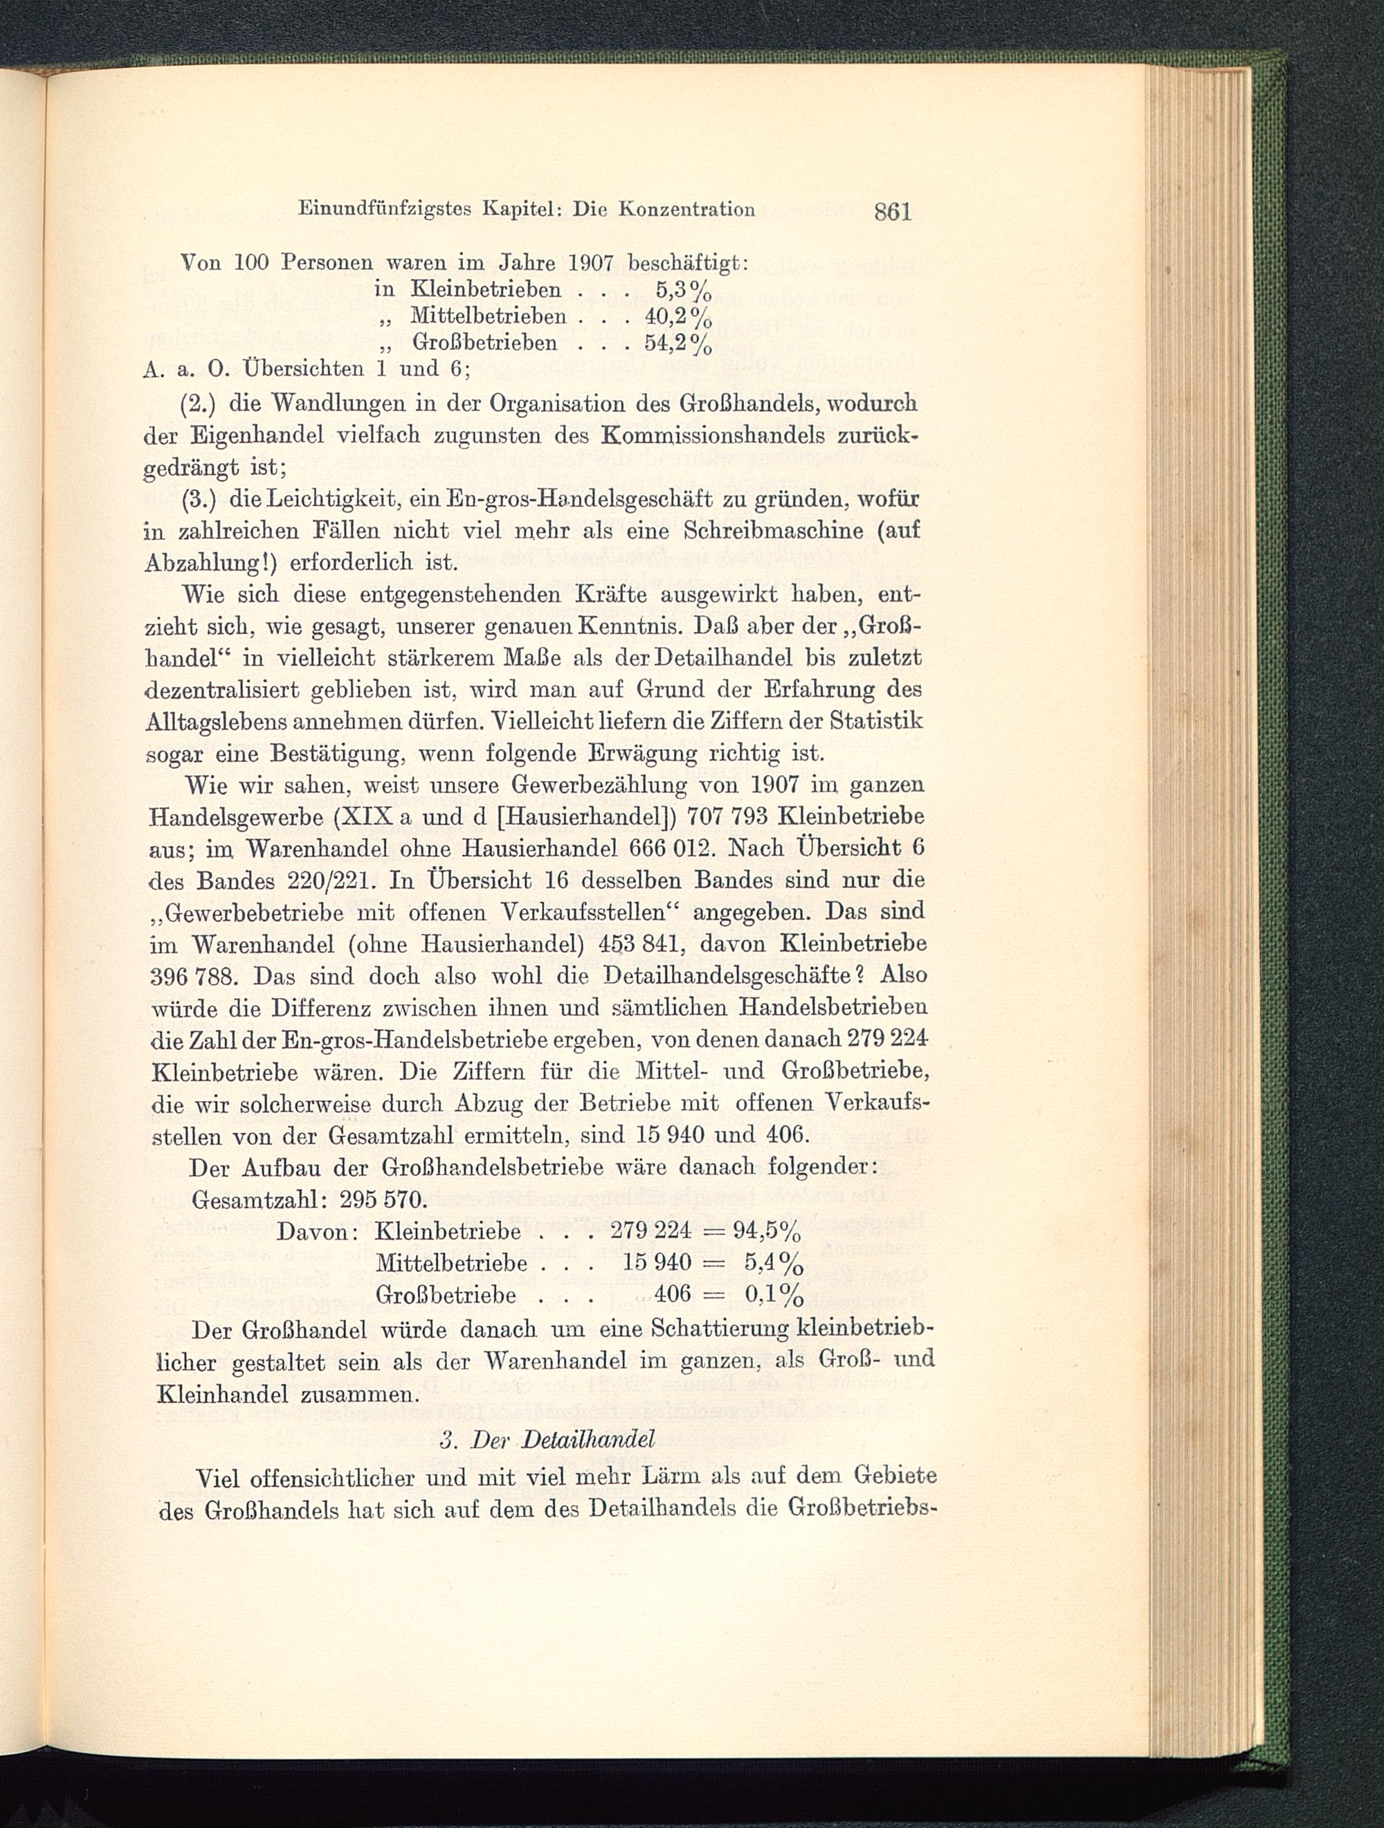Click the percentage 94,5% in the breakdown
coord(767,1233)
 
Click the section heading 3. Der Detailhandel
coord(548,1440)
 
